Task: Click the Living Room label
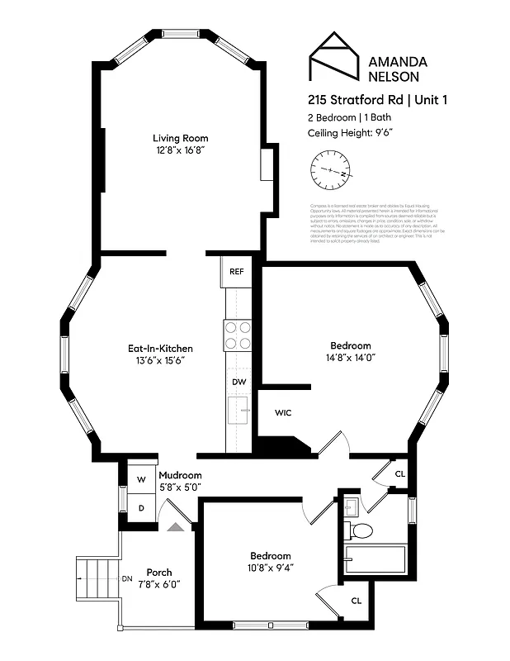point(177,137)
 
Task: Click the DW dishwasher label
point(238,382)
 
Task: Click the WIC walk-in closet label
point(282,412)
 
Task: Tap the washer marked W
point(140,479)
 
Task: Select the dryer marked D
point(140,507)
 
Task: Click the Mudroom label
point(180,475)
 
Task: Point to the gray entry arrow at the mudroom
point(176,525)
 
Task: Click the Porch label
point(159,572)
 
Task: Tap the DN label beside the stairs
point(127,578)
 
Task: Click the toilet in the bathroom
point(360,529)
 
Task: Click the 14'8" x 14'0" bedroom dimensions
point(351,358)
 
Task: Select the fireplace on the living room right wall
point(267,164)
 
